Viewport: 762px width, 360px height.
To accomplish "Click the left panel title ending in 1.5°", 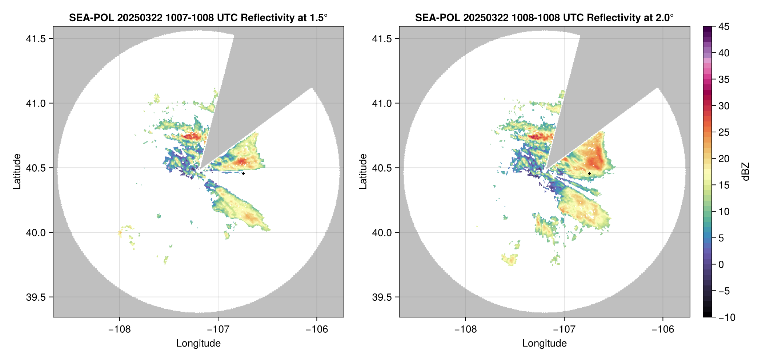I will (198, 17).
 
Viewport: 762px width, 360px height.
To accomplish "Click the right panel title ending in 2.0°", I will (544, 17).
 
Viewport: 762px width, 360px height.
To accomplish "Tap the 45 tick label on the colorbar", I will (724, 27).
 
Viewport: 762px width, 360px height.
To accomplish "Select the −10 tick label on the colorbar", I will (727, 317).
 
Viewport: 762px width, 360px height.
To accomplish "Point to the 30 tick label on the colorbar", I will (724, 106).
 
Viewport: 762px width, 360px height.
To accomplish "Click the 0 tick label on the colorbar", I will (721, 265).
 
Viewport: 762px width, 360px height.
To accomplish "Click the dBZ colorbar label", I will (746, 172).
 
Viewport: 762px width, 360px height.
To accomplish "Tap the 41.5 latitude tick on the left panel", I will (36, 39).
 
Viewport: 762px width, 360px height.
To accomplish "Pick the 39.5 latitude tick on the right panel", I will (382, 297).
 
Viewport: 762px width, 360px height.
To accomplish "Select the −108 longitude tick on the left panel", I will (119, 329).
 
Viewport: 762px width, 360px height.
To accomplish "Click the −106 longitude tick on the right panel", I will (663, 329).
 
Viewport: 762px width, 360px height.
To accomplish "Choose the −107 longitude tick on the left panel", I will (218, 329).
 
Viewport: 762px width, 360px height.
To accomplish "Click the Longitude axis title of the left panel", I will (198, 344).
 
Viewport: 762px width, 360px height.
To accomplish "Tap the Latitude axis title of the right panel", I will (363, 172).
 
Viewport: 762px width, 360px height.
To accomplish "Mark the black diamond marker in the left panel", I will (243, 173).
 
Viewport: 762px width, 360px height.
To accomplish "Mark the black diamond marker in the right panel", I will (589, 173).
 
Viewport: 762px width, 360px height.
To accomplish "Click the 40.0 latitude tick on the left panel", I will (36, 233).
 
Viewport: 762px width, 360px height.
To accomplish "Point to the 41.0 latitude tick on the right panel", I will (382, 104).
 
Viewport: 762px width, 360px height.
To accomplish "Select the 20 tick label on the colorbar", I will (724, 159).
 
